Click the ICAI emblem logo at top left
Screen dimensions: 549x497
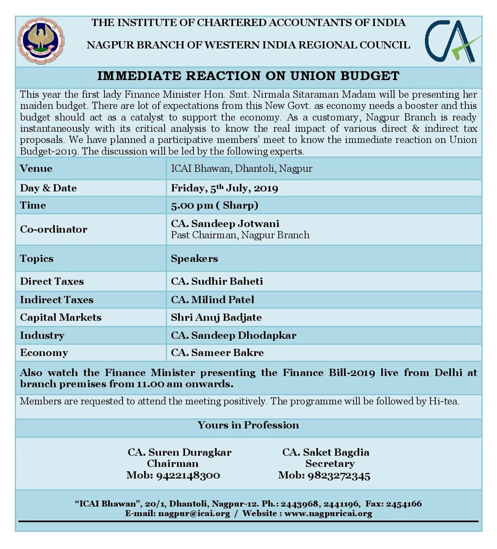[x=41, y=40]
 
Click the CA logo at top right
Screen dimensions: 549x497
[x=452, y=41]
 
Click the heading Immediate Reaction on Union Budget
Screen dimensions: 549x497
[x=248, y=76]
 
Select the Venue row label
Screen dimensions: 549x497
[x=36, y=169]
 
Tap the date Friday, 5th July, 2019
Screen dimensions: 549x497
[x=224, y=189]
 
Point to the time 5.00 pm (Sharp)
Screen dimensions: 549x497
[x=214, y=205]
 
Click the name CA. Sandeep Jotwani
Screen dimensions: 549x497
[x=225, y=224]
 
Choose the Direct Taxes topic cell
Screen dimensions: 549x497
[x=52, y=282]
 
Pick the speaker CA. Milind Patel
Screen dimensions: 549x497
[x=212, y=300]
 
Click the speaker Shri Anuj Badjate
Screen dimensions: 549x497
[x=216, y=318]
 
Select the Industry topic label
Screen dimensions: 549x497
[x=42, y=335]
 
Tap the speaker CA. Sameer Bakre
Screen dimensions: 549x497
[x=217, y=353]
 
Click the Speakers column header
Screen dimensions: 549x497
[x=194, y=259]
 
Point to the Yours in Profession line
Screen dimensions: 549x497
[x=248, y=425]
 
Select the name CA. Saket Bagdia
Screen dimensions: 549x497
[x=325, y=452]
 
